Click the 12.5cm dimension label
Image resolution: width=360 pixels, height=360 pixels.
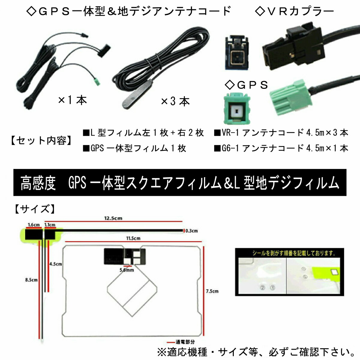pos(113,218)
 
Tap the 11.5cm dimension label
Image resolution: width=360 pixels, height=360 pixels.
pos(133,238)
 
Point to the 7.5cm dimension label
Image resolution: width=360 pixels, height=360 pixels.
pos(212,291)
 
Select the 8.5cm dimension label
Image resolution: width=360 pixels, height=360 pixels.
pos(31,280)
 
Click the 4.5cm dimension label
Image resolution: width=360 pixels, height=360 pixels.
pos(55,264)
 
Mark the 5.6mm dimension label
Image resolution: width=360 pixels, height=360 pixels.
pos(127,270)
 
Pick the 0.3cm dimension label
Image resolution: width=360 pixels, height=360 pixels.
pos(191,231)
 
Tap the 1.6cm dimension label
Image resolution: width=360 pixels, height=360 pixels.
pos(34,225)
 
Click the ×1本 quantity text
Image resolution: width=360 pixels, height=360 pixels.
pos(72,100)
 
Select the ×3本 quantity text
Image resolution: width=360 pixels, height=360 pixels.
pos(175,101)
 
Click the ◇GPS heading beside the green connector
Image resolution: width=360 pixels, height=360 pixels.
pos(247,85)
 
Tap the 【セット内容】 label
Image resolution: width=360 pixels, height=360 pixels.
pos(41,140)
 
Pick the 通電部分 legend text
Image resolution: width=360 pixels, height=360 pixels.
pos(185,342)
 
